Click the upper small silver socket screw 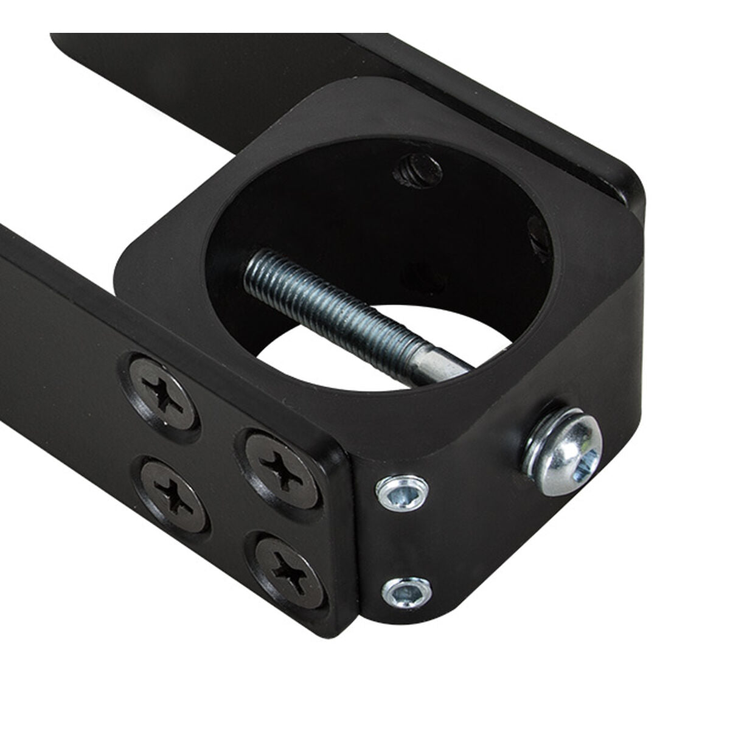click(x=401, y=491)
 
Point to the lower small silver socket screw click(x=406, y=593)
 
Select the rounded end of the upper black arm click(x=627, y=182)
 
